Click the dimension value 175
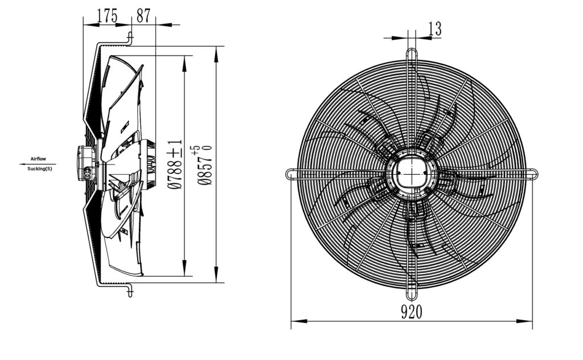(107, 15)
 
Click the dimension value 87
(143, 15)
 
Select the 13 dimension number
(434, 28)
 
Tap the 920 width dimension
(412, 312)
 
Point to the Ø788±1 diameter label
(175, 165)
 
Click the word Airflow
(38, 159)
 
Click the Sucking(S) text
(40, 169)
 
